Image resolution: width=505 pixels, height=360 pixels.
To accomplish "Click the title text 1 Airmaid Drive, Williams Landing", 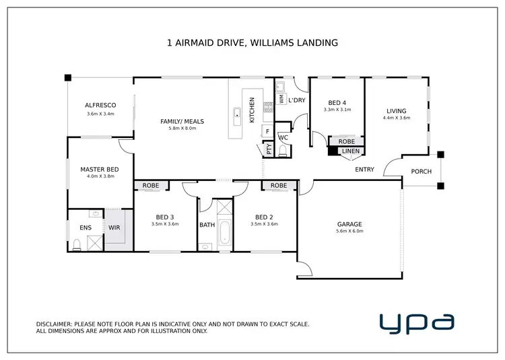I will tap(252, 42).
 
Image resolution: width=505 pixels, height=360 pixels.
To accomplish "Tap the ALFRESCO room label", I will tap(101, 105).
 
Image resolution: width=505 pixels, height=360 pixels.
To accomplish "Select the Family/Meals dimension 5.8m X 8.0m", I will tap(182, 129).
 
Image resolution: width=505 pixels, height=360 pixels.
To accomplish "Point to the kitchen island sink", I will tap(237, 116).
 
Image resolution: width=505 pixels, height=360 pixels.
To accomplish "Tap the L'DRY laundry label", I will tap(296, 100).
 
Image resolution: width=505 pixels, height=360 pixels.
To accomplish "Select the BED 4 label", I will tap(337, 102).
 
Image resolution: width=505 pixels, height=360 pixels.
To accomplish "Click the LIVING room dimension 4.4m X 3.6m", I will tap(397, 118).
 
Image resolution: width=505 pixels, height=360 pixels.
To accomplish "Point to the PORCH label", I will tap(422, 171).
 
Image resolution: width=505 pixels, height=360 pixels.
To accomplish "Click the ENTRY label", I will tap(364, 170).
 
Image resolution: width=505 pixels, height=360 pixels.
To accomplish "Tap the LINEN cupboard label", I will tap(351, 151).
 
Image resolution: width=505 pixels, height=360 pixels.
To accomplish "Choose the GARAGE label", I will tap(349, 224).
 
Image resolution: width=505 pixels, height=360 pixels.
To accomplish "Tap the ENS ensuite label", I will tap(86, 228).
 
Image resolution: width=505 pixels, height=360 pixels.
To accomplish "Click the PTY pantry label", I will tap(269, 150).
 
